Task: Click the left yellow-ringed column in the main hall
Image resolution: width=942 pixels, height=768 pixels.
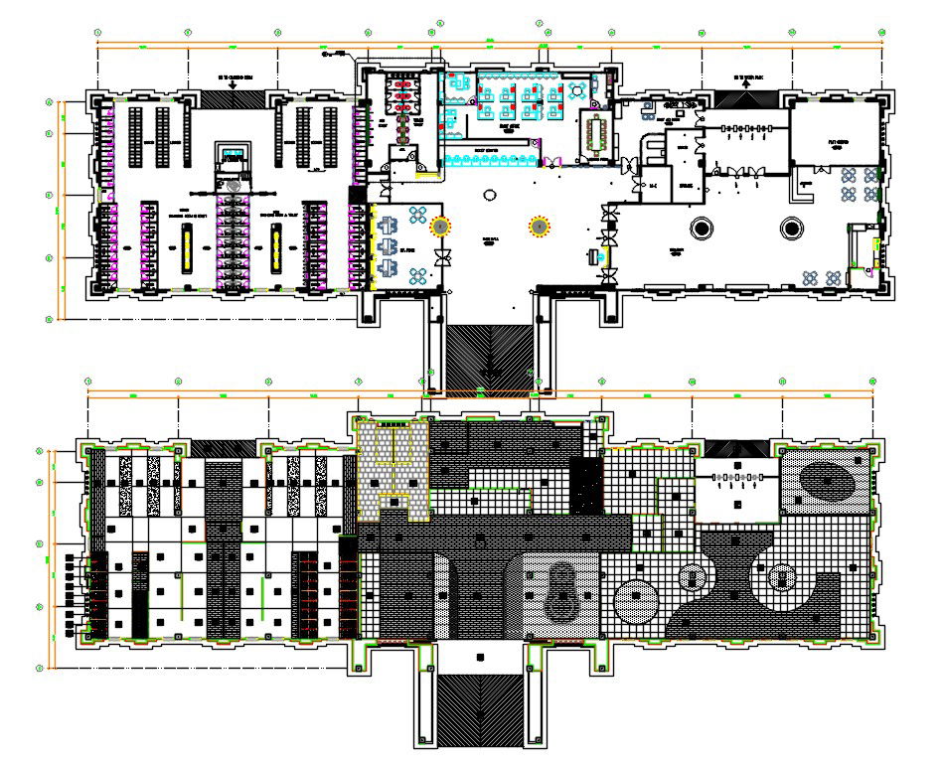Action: (438, 228)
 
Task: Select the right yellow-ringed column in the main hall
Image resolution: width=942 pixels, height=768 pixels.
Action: (539, 228)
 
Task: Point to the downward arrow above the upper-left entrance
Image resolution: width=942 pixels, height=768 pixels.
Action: (232, 85)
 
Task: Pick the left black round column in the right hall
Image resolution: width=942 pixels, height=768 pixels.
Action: (702, 229)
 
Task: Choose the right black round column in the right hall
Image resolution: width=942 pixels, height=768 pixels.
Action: (792, 229)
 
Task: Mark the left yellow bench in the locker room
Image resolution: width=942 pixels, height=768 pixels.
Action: (186, 246)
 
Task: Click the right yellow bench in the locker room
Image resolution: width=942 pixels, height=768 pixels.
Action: (275, 246)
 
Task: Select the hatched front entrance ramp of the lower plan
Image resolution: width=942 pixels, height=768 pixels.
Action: (480, 709)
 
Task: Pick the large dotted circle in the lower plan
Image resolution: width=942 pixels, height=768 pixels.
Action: (636, 603)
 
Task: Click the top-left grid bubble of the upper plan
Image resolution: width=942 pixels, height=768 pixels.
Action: (97, 33)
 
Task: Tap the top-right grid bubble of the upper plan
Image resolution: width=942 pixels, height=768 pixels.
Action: (882, 33)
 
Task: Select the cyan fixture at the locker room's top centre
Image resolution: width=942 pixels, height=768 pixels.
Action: (234, 152)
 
